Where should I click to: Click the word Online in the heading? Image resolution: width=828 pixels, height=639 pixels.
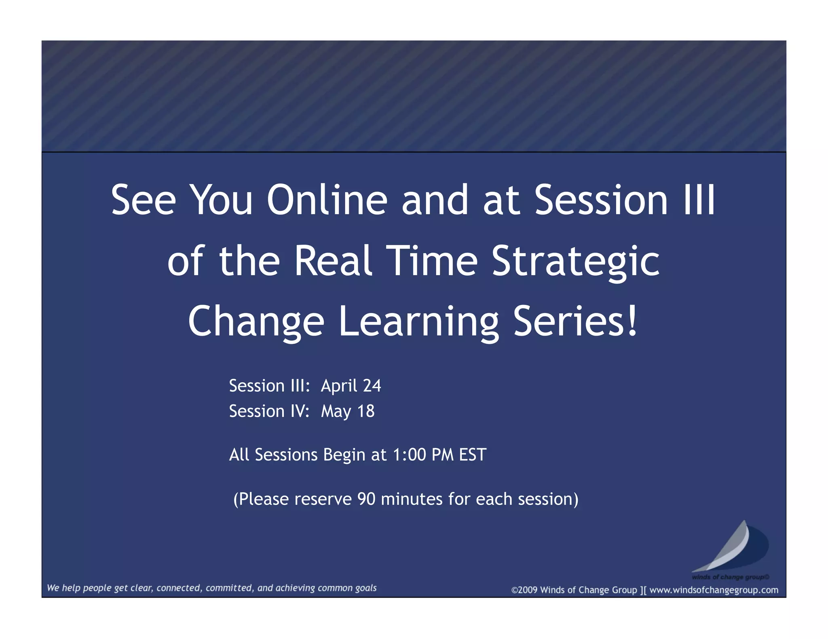pos(327,200)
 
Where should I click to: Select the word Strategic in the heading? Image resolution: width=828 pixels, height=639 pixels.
pos(575,262)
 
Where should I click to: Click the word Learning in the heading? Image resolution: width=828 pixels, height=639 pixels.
pos(418,322)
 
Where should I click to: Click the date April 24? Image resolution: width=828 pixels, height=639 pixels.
pos(351,386)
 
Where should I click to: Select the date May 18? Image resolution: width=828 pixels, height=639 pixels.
pos(348,411)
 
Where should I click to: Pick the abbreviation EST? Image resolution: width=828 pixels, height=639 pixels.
pos(472,455)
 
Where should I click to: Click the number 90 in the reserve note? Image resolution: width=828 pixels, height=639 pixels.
pos(366,499)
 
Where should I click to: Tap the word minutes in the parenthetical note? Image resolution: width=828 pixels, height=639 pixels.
pos(412,499)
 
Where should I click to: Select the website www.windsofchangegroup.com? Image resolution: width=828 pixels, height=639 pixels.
pos(714,590)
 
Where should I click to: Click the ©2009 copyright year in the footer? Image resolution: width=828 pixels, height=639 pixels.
pos(524,590)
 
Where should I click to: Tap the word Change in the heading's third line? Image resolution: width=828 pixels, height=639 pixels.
pos(256,322)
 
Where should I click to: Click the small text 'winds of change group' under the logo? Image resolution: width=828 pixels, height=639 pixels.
pos(730,577)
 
